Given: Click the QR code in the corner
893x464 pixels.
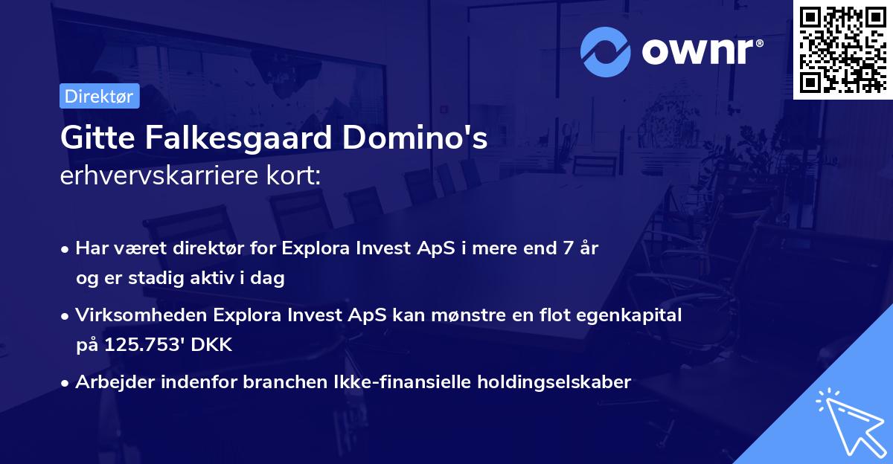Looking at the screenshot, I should (x=842, y=50).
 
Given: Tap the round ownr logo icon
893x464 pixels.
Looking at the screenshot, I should (x=606, y=52).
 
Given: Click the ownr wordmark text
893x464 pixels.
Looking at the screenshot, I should (x=702, y=52).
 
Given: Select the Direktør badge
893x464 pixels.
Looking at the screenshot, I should (x=99, y=96).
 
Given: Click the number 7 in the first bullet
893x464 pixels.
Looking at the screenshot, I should (x=569, y=248).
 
